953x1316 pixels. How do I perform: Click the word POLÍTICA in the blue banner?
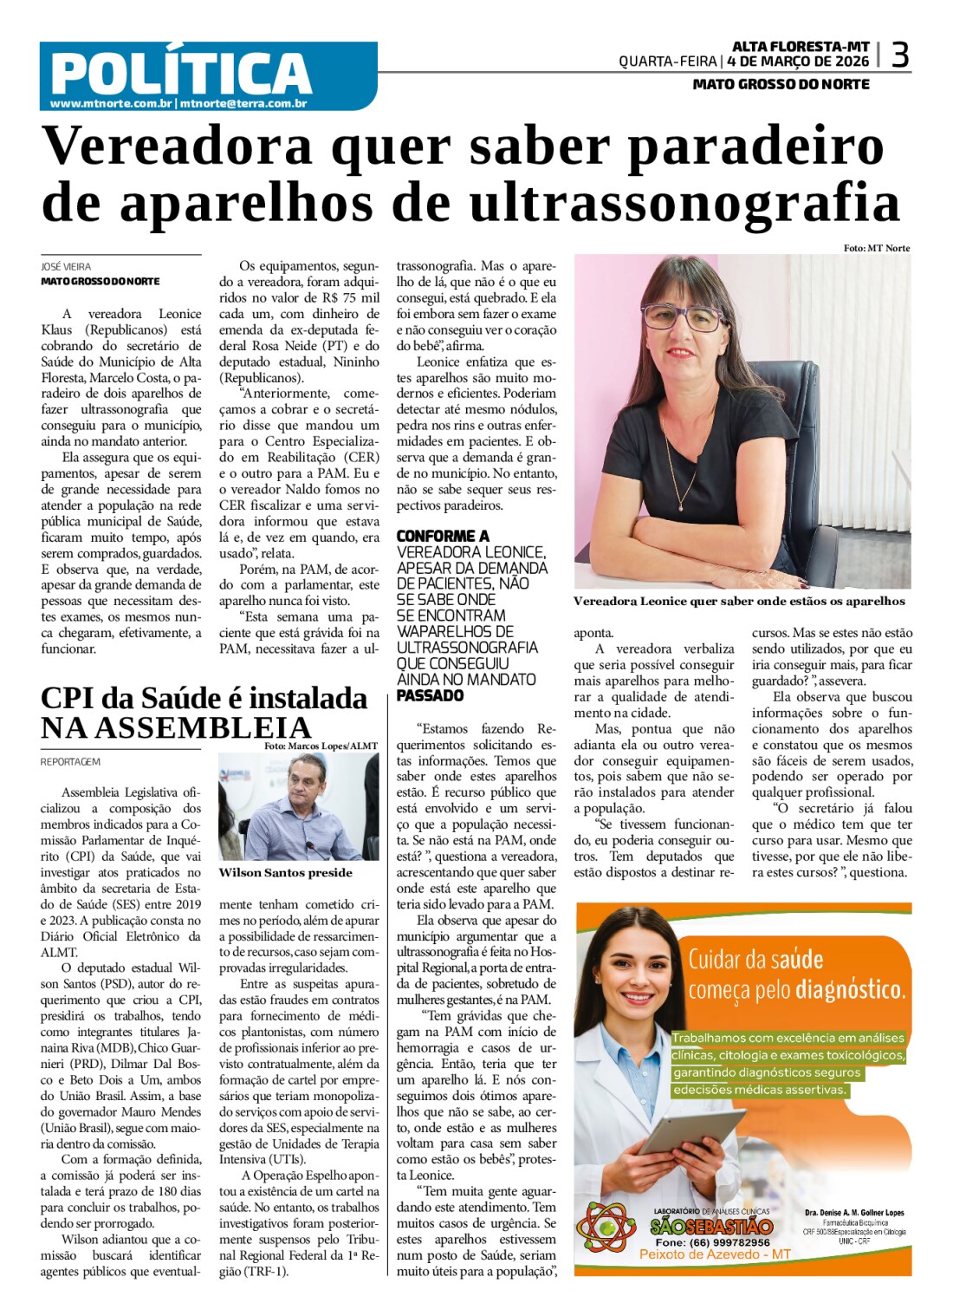(x=181, y=73)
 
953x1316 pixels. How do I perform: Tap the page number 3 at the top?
(x=900, y=55)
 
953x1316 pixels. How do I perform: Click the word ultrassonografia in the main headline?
(x=684, y=203)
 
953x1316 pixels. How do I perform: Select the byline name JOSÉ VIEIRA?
(x=66, y=267)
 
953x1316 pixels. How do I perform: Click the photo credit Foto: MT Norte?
(x=876, y=248)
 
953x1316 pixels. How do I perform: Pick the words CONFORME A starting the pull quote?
(x=442, y=537)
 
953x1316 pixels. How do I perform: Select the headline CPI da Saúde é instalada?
(x=204, y=698)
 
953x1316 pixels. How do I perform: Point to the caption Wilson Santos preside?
(x=285, y=873)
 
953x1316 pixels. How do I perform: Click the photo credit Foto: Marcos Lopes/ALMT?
(x=321, y=746)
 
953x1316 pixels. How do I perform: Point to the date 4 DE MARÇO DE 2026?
(x=798, y=62)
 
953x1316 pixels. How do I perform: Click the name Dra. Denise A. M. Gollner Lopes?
(x=853, y=1213)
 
